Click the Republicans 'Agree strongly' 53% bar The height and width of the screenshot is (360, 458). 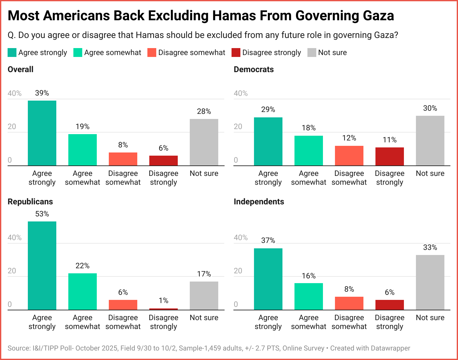[42, 265]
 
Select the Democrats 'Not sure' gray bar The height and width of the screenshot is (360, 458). [430, 140]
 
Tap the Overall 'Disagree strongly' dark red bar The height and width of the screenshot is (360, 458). [164, 160]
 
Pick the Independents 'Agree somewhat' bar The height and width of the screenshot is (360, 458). [308, 296]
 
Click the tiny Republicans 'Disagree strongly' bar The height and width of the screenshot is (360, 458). [164, 309]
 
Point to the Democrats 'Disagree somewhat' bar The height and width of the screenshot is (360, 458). [349, 156]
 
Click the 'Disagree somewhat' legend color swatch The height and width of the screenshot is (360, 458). [152, 53]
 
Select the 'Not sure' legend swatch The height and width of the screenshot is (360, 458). [312, 53]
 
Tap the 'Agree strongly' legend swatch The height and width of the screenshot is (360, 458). [12, 53]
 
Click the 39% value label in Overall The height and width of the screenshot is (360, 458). [42, 93]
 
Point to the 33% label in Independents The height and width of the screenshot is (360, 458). [430, 247]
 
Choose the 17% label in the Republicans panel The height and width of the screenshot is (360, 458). [204, 274]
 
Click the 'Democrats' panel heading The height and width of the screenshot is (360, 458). [254, 70]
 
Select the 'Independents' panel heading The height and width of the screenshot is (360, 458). [259, 202]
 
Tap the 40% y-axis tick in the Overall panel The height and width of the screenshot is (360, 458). [15, 93]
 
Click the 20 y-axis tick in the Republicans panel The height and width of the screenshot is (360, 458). [12, 271]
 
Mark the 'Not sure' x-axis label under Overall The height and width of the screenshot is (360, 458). [204, 173]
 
